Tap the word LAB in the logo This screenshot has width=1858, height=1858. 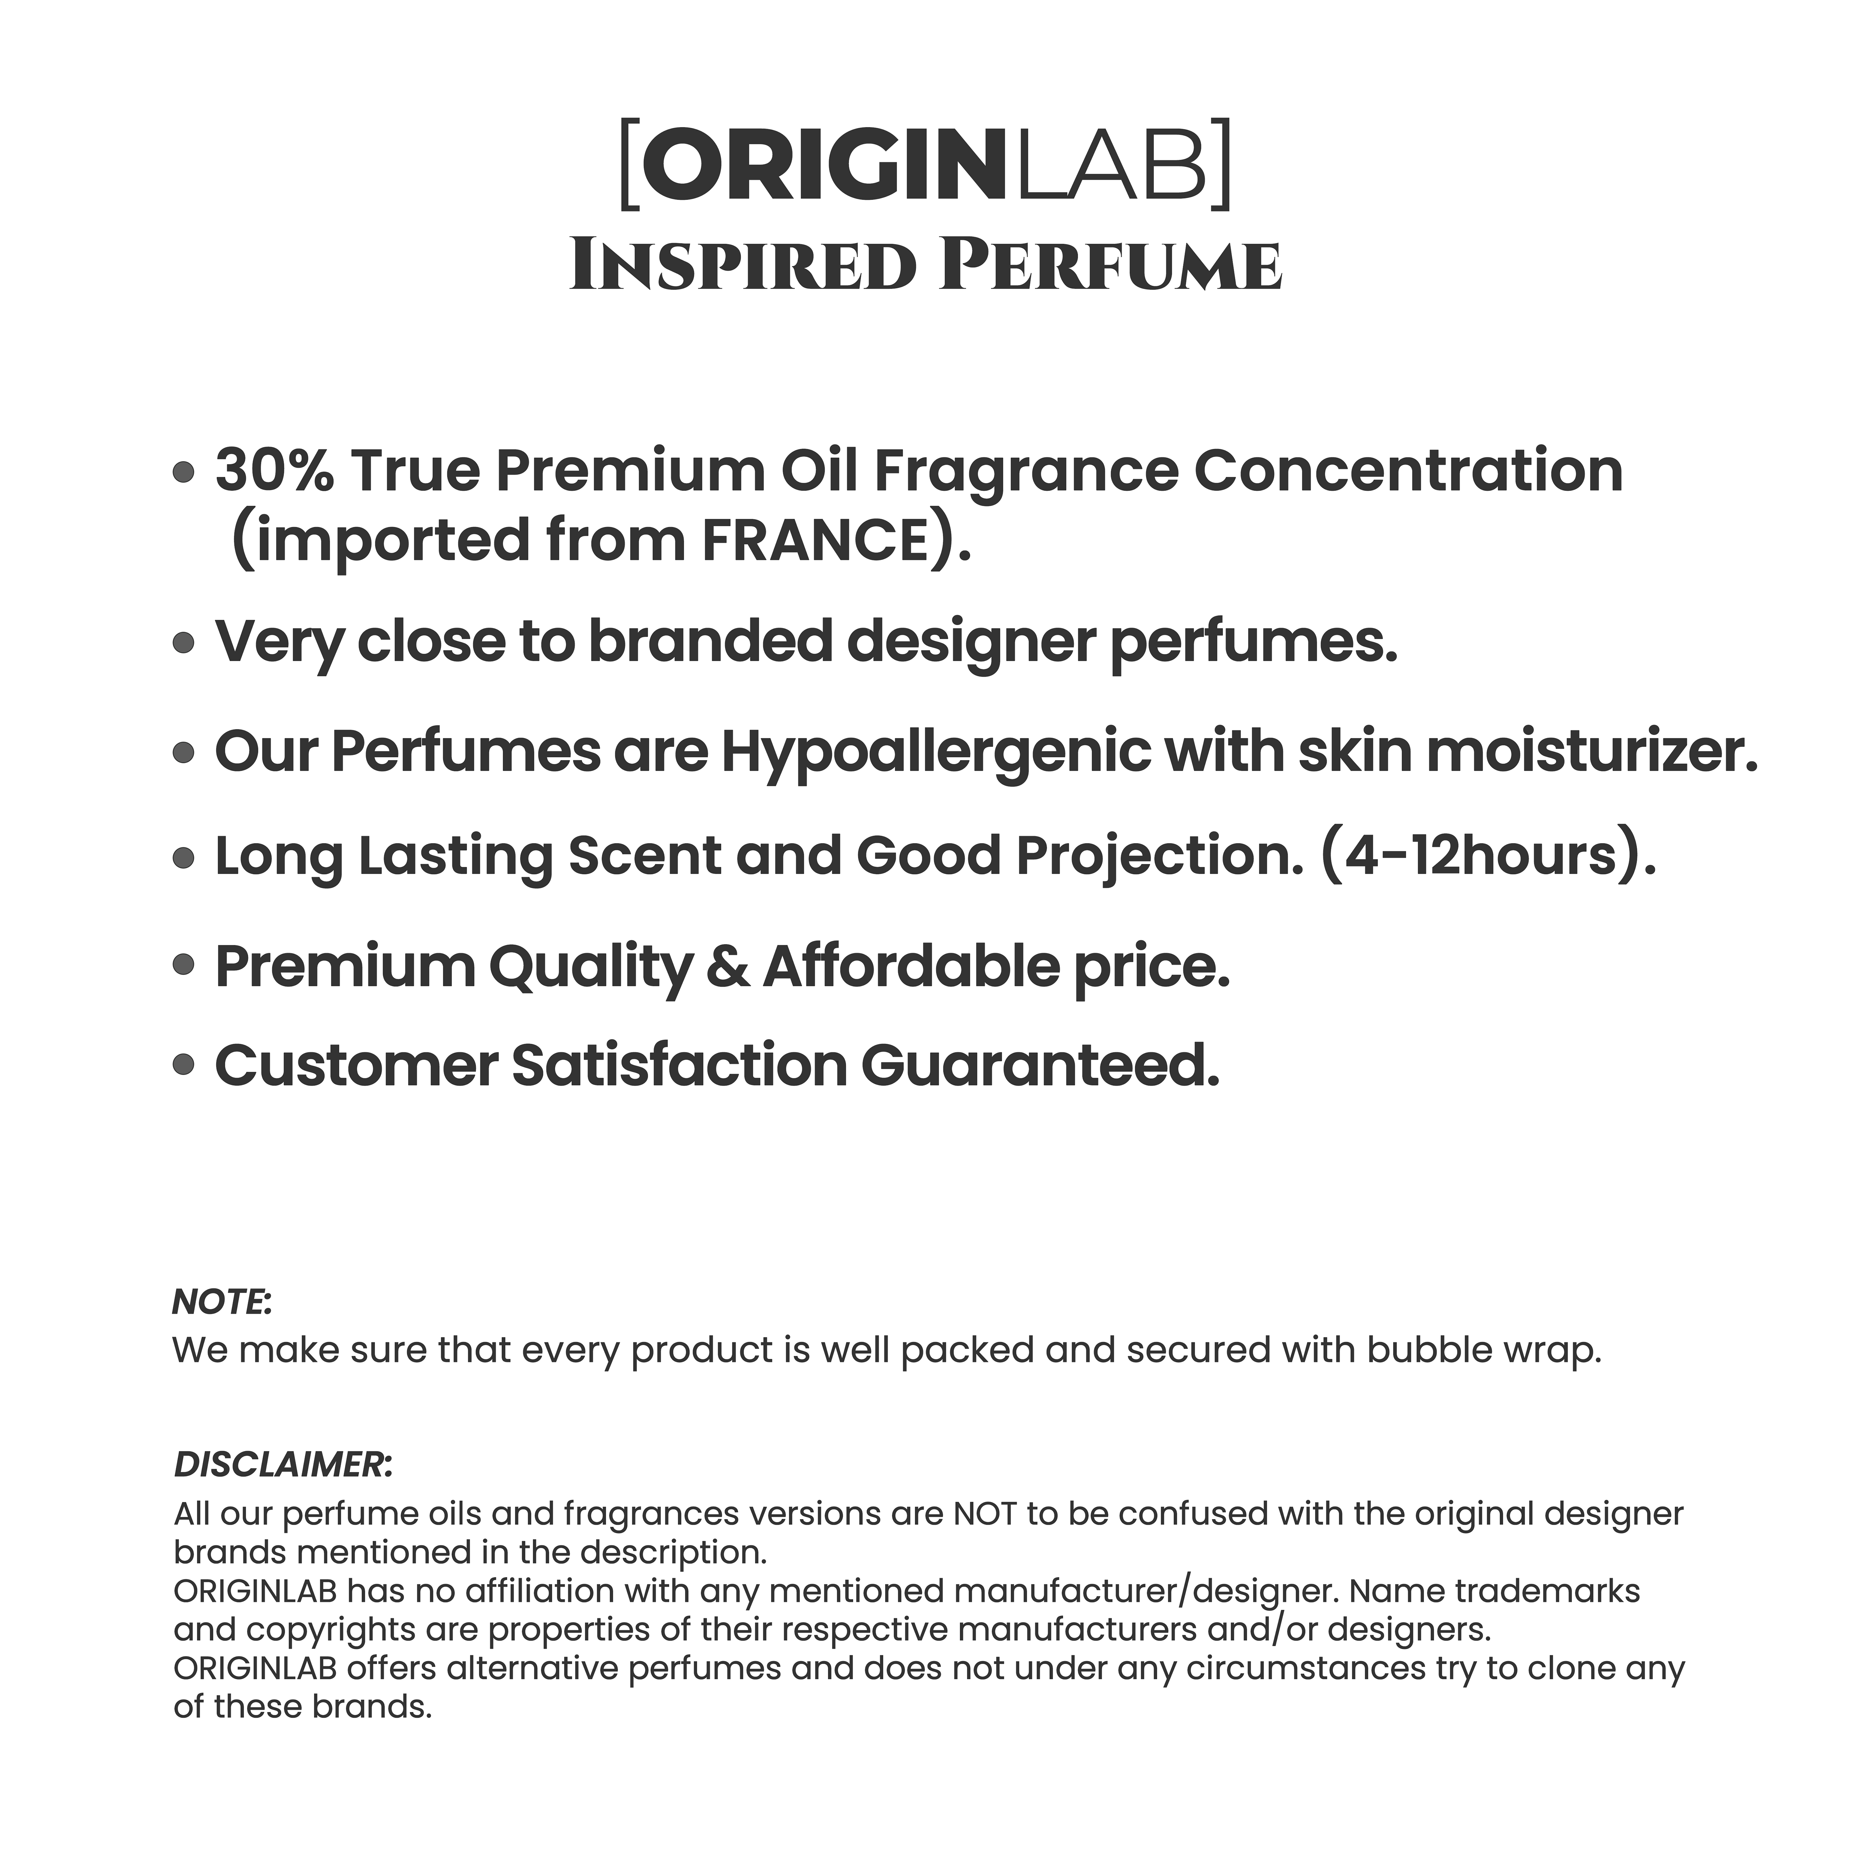(x=1106, y=164)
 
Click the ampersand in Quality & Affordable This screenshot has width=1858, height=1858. (x=727, y=967)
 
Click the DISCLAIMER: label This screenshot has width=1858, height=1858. (x=283, y=1465)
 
